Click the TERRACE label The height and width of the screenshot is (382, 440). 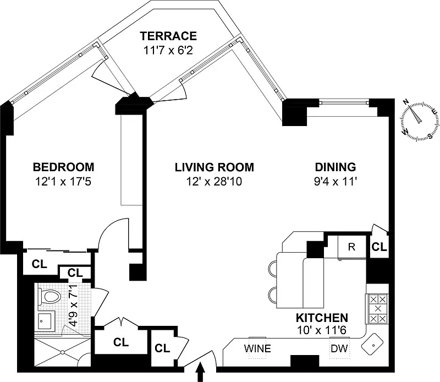(168, 36)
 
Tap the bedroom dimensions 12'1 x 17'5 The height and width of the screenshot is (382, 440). (63, 182)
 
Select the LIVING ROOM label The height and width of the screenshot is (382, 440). (215, 167)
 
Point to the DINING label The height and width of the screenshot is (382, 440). (335, 167)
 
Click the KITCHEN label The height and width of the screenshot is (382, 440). (322, 318)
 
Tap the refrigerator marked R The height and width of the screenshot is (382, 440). (352, 247)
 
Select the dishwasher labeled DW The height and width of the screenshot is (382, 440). (339, 348)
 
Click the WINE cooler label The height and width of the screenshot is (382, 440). (257, 348)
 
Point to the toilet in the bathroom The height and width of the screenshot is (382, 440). (50, 297)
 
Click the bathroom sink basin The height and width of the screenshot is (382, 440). (45, 321)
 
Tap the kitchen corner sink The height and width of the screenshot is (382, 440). (372, 343)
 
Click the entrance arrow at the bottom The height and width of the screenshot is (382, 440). (201, 372)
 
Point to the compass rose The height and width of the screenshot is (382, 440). (420, 121)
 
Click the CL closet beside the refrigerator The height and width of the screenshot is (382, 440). (380, 247)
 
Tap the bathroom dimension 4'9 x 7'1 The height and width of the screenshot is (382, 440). (73, 305)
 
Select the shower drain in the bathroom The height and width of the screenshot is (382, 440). (62, 352)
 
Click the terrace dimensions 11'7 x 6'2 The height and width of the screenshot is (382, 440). (168, 51)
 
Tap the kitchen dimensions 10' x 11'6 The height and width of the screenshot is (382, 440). (322, 330)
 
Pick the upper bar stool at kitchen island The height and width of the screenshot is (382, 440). (272, 268)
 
